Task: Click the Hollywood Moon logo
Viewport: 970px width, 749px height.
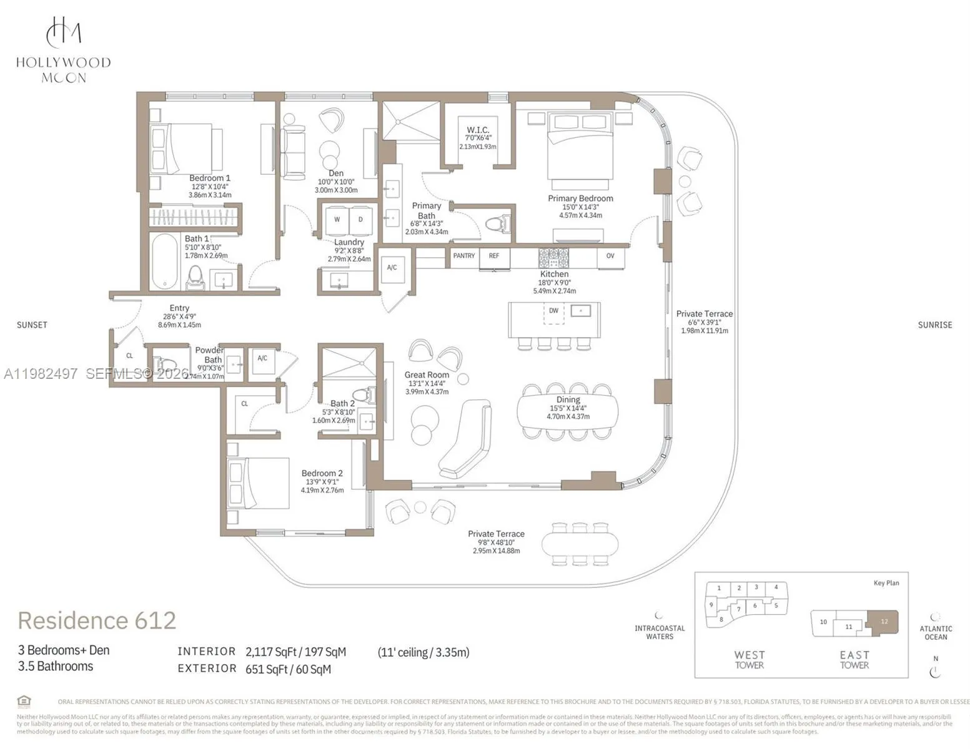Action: pos(63,50)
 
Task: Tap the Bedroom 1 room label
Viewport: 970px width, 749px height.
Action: pos(210,179)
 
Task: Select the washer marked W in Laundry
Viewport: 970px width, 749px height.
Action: pos(337,220)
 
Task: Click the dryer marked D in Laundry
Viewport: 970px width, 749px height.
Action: pos(360,220)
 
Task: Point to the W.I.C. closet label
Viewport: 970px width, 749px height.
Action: pos(478,130)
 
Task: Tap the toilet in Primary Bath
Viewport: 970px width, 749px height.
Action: pos(498,223)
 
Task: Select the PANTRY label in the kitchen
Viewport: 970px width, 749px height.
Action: pos(463,256)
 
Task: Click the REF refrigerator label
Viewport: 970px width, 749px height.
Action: pos(494,256)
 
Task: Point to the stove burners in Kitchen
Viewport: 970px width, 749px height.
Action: pos(554,258)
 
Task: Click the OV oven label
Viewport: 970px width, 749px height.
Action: pos(610,256)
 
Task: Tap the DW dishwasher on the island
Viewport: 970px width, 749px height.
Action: pos(553,311)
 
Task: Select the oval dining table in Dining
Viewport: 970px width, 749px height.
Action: pos(567,411)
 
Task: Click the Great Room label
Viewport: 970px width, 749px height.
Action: pos(427,375)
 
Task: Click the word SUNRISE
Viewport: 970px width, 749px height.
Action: pos(934,325)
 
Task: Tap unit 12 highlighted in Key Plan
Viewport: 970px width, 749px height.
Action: pos(884,622)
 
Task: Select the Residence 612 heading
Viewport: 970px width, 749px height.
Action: pos(97,620)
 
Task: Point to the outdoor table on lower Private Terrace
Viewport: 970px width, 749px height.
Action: pos(580,544)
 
